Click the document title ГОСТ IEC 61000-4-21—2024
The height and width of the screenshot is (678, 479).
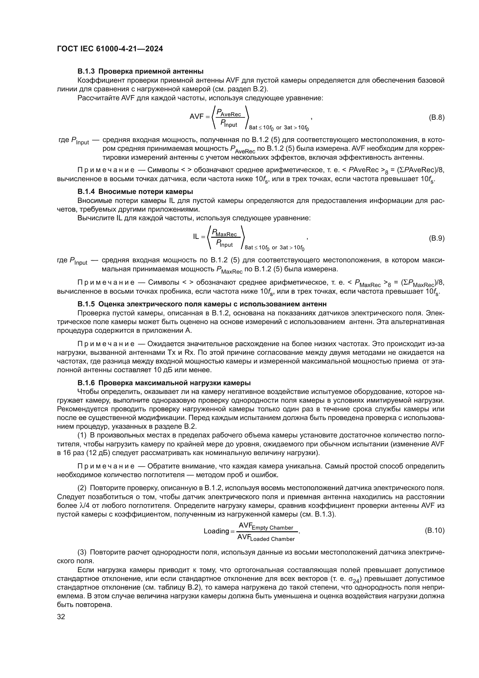(x=110, y=49)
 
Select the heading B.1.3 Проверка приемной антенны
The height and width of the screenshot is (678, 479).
(x=140, y=72)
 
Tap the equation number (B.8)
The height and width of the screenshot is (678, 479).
(x=436, y=117)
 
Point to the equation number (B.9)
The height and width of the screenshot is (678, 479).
(x=436, y=238)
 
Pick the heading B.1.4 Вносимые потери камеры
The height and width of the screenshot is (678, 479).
(x=135, y=192)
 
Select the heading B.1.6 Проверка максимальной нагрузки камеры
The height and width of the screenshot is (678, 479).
(x=164, y=383)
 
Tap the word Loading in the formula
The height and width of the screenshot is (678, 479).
(x=216, y=531)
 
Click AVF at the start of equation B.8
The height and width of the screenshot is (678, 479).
(x=197, y=117)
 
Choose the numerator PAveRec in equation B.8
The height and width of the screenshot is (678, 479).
(x=228, y=113)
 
